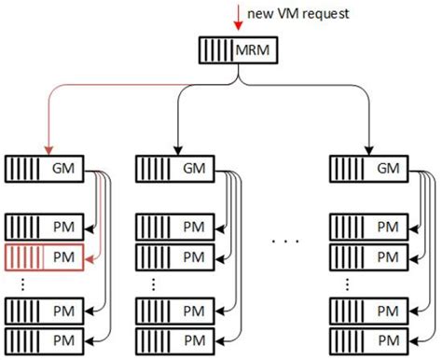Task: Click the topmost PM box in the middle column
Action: [176, 225]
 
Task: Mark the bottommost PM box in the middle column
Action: [176, 338]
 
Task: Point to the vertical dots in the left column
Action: [22, 284]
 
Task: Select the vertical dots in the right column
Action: [347, 284]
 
